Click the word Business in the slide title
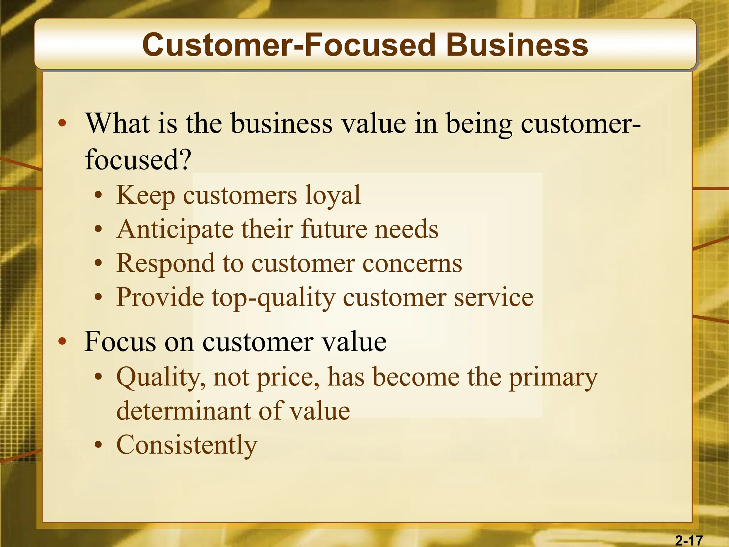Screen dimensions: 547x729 pyautogui.click(x=517, y=45)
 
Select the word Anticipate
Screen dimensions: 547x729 pyautogui.click(x=175, y=229)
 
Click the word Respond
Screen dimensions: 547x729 pyautogui.click(x=166, y=264)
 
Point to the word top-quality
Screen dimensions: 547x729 pyautogui.click(x=273, y=298)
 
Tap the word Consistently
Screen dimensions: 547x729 pyautogui.click(x=187, y=445)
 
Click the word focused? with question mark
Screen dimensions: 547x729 pyautogui.click(x=138, y=159)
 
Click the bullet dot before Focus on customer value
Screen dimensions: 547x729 pyautogui.click(x=62, y=342)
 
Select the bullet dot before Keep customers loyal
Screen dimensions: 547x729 pyautogui.click(x=99, y=196)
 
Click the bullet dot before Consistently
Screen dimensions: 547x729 pyautogui.click(x=99, y=445)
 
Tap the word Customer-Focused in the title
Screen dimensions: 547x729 pyautogui.click(x=289, y=45)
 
